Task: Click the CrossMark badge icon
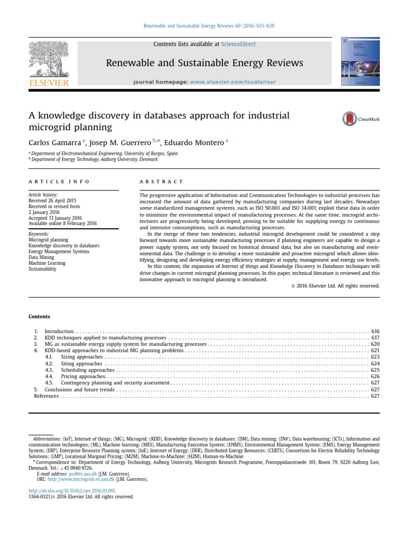tap(349, 119)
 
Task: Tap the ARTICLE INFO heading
tap(59, 181)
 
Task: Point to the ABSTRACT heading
tap(161, 181)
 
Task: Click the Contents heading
tap(39, 316)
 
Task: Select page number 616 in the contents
tap(375, 332)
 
